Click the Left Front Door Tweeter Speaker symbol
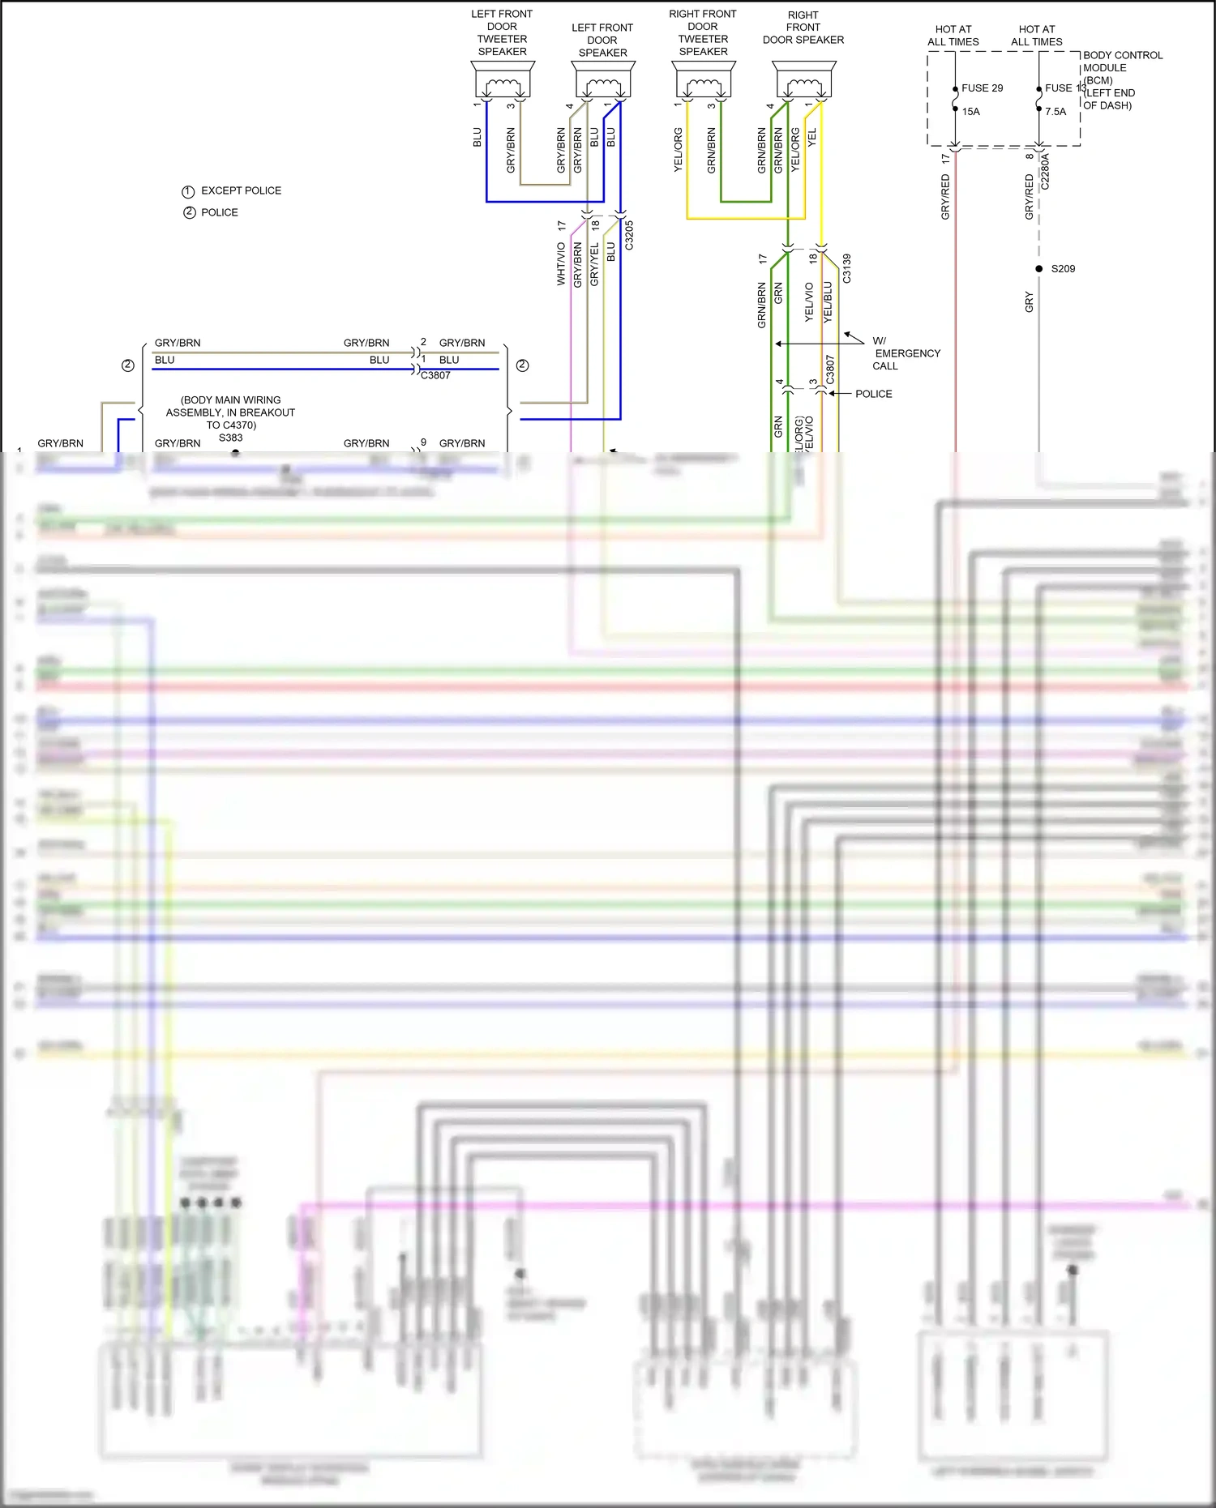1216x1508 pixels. click(x=503, y=81)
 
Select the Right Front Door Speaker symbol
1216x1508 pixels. click(x=804, y=81)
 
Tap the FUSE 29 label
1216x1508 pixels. click(x=982, y=88)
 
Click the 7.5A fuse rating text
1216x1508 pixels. click(x=1055, y=112)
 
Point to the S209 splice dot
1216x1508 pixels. click(x=1039, y=269)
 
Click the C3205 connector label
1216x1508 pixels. click(x=629, y=235)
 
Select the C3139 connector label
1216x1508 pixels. click(x=846, y=268)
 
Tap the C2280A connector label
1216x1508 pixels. click(x=1045, y=172)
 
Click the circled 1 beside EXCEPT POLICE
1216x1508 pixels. click(x=188, y=191)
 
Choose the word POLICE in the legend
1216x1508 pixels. click(x=220, y=212)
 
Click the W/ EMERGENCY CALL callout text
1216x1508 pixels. click(x=905, y=353)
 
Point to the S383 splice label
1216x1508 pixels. click(x=231, y=438)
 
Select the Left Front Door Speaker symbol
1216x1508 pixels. click(x=603, y=81)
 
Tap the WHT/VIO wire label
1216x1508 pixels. click(x=561, y=263)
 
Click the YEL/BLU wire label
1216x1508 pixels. click(x=828, y=302)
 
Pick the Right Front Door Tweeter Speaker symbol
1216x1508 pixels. click(x=704, y=81)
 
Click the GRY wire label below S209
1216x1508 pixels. click(x=1030, y=302)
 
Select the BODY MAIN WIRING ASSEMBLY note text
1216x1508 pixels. click(x=231, y=412)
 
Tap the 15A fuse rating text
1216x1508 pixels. click(x=971, y=112)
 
